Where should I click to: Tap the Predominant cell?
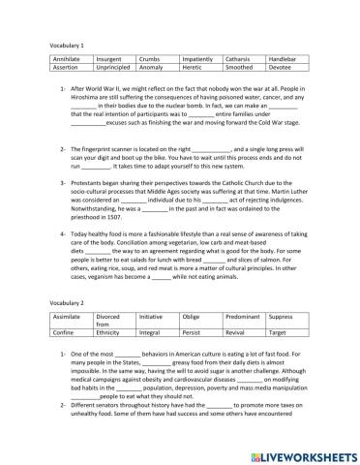coord(244,344)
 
